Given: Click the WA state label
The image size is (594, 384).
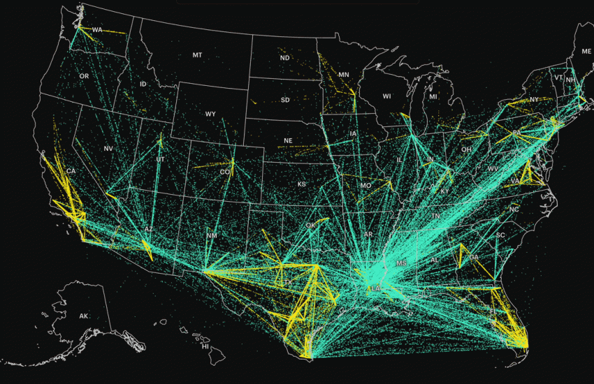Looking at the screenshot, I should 97,30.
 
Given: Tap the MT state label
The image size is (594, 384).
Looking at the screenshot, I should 197,54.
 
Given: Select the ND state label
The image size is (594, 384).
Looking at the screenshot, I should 284,58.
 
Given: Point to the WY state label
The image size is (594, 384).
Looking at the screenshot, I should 210,113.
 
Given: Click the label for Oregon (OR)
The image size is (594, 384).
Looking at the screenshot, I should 84,75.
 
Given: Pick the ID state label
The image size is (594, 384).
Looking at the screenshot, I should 143,84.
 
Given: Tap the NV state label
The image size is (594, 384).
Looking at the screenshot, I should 108,149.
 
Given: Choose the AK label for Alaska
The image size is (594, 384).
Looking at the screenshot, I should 84,316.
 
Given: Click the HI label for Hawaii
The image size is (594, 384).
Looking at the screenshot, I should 205,346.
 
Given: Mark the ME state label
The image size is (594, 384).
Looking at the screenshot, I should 586,52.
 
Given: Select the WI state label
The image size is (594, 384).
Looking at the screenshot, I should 386,96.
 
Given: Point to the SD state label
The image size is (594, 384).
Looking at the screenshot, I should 285,100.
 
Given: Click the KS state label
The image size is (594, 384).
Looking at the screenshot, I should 301,184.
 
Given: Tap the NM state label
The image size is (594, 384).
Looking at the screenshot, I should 212,236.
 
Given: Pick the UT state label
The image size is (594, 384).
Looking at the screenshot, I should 161,160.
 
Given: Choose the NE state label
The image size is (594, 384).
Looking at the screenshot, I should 287,141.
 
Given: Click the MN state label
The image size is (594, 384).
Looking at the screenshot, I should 343,75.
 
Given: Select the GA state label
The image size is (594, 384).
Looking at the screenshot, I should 474,257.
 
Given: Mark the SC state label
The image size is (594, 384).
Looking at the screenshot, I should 500,235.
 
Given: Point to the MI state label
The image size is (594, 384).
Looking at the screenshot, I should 433,96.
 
